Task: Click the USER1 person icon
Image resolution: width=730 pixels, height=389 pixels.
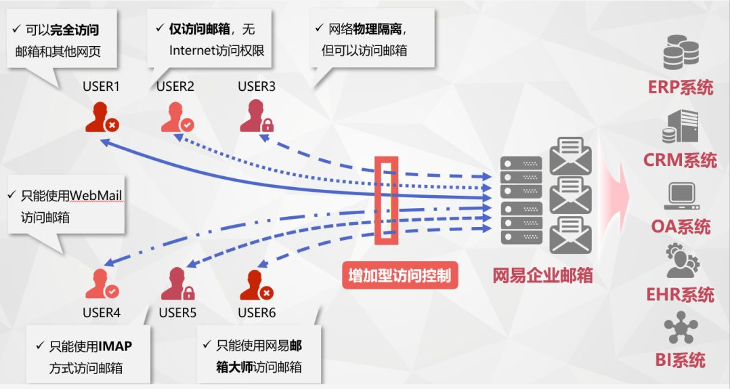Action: point(100,116)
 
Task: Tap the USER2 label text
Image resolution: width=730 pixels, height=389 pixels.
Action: point(175,86)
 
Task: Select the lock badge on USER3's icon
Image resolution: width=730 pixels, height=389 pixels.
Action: point(267,125)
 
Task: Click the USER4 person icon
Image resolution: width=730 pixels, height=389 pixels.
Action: point(100,284)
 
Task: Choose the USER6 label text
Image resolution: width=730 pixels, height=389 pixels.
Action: point(257,312)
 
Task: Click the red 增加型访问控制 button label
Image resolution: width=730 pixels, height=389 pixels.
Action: point(399,276)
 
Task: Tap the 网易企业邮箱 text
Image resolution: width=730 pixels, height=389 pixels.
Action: point(542,275)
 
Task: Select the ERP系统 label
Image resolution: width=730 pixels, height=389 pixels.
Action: point(681,87)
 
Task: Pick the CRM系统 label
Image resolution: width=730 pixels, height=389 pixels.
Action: point(681,160)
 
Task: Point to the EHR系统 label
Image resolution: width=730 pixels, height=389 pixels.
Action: point(681,294)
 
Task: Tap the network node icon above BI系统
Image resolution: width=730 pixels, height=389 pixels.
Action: point(681,329)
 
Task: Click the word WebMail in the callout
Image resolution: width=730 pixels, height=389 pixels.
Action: point(96,195)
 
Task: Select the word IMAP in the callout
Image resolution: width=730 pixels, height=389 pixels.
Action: point(115,346)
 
